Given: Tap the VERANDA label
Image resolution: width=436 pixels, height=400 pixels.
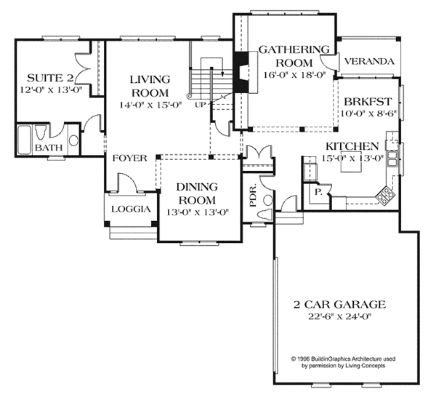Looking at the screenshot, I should tap(369, 62).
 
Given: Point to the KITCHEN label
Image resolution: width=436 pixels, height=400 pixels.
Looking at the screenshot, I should tap(350, 145).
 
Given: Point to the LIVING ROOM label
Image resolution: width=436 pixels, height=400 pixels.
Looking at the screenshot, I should tap(150, 86).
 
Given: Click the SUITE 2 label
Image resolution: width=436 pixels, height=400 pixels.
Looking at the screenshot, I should tap(49, 78).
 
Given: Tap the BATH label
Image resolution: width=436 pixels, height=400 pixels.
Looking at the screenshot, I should tap(49, 148).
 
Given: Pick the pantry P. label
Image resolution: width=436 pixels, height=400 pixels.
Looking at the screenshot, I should tap(318, 192).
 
